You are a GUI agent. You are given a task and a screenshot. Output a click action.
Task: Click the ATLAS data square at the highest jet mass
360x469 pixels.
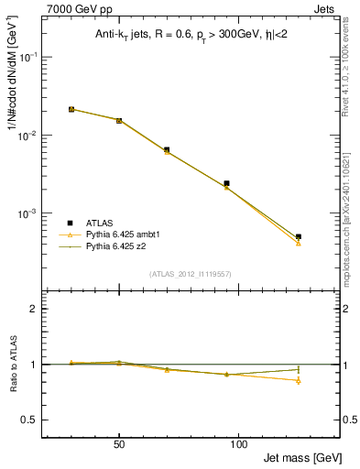pos(299,236)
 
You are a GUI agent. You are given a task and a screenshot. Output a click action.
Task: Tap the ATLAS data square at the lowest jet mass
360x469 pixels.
pos(71,109)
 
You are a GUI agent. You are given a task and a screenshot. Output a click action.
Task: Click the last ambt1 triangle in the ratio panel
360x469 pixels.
pos(299,380)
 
